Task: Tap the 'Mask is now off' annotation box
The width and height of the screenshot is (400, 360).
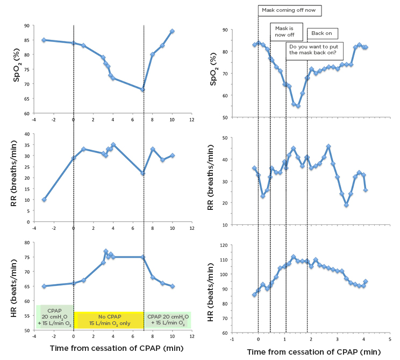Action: click(x=286, y=31)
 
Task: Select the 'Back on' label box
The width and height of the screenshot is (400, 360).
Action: click(x=322, y=33)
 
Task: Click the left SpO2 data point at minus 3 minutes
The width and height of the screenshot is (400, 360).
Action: click(x=44, y=40)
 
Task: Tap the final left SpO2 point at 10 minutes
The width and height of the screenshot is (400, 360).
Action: click(x=173, y=31)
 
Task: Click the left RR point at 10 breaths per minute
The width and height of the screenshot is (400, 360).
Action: click(x=44, y=200)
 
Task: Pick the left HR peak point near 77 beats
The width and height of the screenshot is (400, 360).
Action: click(x=106, y=251)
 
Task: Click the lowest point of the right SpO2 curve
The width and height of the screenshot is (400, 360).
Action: click(x=298, y=106)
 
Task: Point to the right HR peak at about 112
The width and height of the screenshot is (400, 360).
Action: click(x=294, y=257)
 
